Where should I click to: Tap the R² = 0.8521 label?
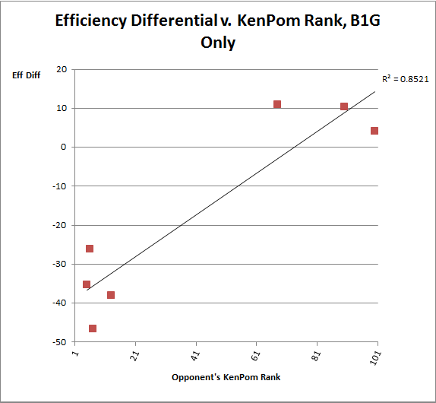[x=406, y=79]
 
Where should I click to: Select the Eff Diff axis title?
[x=26, y=75]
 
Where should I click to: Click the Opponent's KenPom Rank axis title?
[x=226, y=377]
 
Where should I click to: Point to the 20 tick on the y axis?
[x=62, y=69]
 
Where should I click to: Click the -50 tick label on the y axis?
[x=59, y=342]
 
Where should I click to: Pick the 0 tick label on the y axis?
[x=63, y=147]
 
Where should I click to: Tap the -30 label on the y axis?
[x=59, y=264]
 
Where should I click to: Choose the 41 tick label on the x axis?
[x=195, y=356]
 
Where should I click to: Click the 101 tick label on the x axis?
[x=375, y=358]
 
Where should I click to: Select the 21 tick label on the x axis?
[x=135, y=356]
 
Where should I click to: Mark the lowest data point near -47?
[x=93, y=328]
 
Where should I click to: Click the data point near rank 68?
[x=277, y=104]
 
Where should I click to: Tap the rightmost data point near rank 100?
[x=374, y=131]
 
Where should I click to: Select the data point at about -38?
[x=111, y=295]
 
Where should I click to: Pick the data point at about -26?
[x=90, y=249]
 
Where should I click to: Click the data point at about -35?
[x=87, y=284]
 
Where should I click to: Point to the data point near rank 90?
[x=344, y=106]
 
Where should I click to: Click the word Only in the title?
[x=218, y=43]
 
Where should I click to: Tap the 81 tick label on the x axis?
[x=316, y=356]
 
